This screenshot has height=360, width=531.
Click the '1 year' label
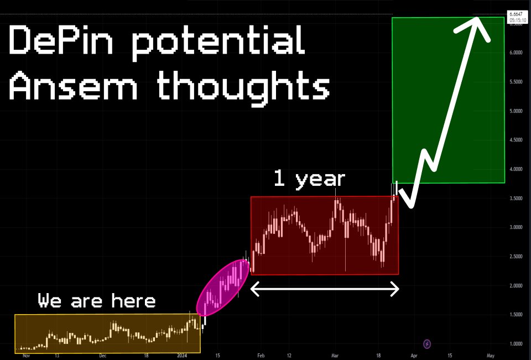pos(309,179)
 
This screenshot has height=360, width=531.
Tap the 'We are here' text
pos(97,301)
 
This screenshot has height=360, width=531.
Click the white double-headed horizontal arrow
pos(325,289)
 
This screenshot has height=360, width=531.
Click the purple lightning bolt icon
pos(427,344)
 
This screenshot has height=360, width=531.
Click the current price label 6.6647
pos(517,13)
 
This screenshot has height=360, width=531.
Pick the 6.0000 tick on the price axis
pos(516,53)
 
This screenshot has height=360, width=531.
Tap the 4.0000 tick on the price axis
pos(516,169)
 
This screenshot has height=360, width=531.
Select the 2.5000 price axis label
pos(516,257)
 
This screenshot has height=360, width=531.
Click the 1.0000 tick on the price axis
pos(516,344)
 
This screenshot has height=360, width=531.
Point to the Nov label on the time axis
pos(25,356)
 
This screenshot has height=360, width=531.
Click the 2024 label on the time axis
pos(182,356)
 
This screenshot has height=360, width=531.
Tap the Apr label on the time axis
pos(414,356)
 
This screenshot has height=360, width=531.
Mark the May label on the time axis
pos(490,356)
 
